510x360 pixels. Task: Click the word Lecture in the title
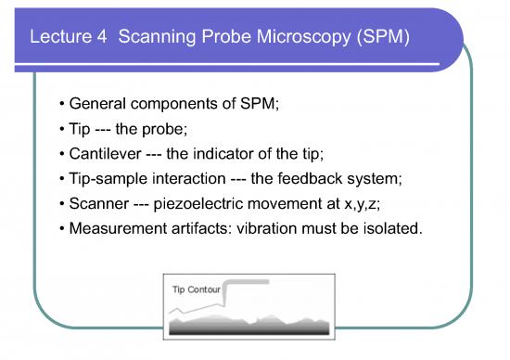coord(57,41)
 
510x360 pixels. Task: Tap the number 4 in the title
coord(99,41)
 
